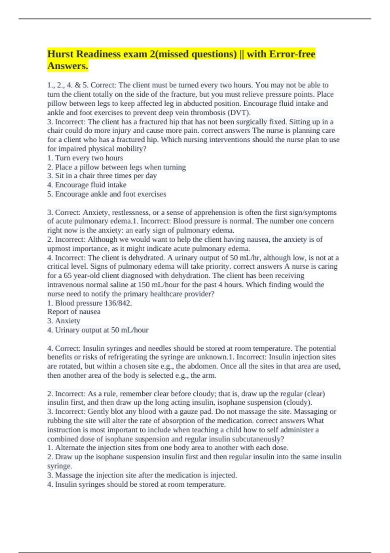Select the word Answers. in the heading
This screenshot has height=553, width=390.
click(68, 66)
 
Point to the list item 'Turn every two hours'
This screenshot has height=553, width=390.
click(85, 158)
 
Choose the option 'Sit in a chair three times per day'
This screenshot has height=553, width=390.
click(102, 176)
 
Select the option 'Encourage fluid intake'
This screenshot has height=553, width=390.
click(87, 185)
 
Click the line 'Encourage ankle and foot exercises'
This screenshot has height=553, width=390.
click(107, 194)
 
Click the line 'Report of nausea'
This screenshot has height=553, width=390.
click(74, 312)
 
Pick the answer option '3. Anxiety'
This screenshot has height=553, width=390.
click(64, 321)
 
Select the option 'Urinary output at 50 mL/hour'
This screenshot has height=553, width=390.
click(98, 330)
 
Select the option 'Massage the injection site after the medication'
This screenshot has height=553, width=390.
click(142, 475)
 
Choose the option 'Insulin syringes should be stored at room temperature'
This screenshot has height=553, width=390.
click(136, 485)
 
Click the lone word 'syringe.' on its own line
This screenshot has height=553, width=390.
click(59, 466)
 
